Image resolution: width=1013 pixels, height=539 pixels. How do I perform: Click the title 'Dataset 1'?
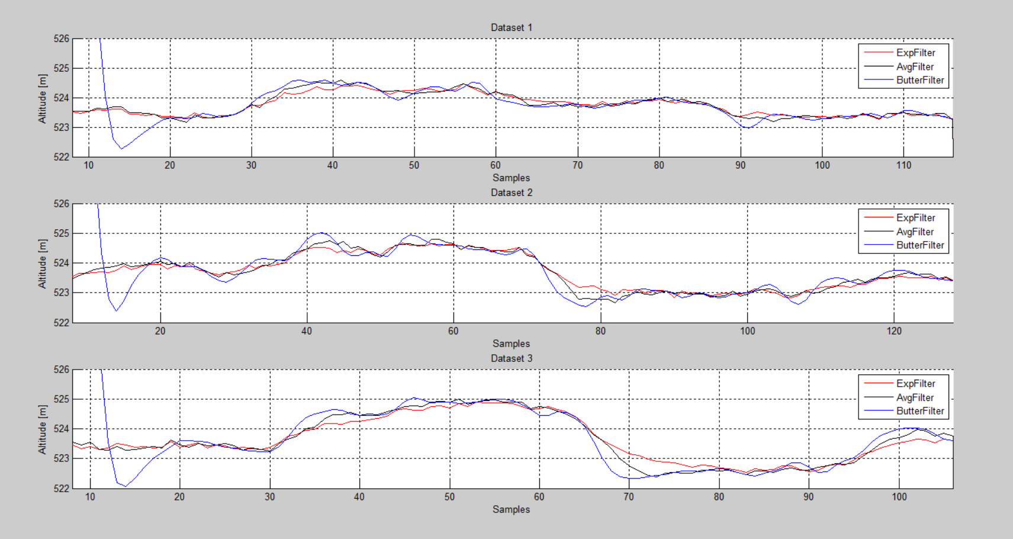click(511, 27)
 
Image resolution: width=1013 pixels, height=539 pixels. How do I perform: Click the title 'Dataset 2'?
click(511, 192)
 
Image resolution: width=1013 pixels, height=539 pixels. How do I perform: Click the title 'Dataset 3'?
click(511, 358)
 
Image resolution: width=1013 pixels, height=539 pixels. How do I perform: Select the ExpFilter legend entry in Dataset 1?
click(915, 53)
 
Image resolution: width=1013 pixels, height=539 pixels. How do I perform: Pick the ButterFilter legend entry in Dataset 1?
click(919, 80)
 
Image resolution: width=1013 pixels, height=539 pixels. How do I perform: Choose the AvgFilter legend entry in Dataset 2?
click(915, 232)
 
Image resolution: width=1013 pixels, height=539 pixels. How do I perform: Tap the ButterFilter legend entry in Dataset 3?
click(919, 410)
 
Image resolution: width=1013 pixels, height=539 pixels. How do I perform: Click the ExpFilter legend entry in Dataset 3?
click(915, 383)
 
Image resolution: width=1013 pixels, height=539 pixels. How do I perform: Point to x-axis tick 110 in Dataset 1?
click(903, 165)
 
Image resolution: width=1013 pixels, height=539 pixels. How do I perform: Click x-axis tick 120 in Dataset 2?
click(894, 331)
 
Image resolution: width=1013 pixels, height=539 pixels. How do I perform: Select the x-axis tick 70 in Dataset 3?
click(629, 497)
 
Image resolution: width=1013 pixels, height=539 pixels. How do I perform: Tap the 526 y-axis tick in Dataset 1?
click(62, 39)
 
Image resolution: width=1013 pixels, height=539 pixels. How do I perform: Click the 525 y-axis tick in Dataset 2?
click(62, 233)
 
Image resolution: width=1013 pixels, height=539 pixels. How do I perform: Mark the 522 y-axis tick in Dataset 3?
click(62, 488)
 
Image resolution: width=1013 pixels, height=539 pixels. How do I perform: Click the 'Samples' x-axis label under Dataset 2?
click(511, 344)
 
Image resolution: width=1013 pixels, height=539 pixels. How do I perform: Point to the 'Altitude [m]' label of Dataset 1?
click(42, 98)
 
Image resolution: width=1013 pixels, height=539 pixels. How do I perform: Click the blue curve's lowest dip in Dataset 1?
click(121, 148)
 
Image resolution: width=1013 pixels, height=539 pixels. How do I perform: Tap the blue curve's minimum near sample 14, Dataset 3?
click(126, 486)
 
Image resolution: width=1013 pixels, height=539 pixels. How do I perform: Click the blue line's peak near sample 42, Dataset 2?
click(321, 233)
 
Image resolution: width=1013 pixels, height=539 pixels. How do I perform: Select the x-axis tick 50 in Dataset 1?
click(414, 165)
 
